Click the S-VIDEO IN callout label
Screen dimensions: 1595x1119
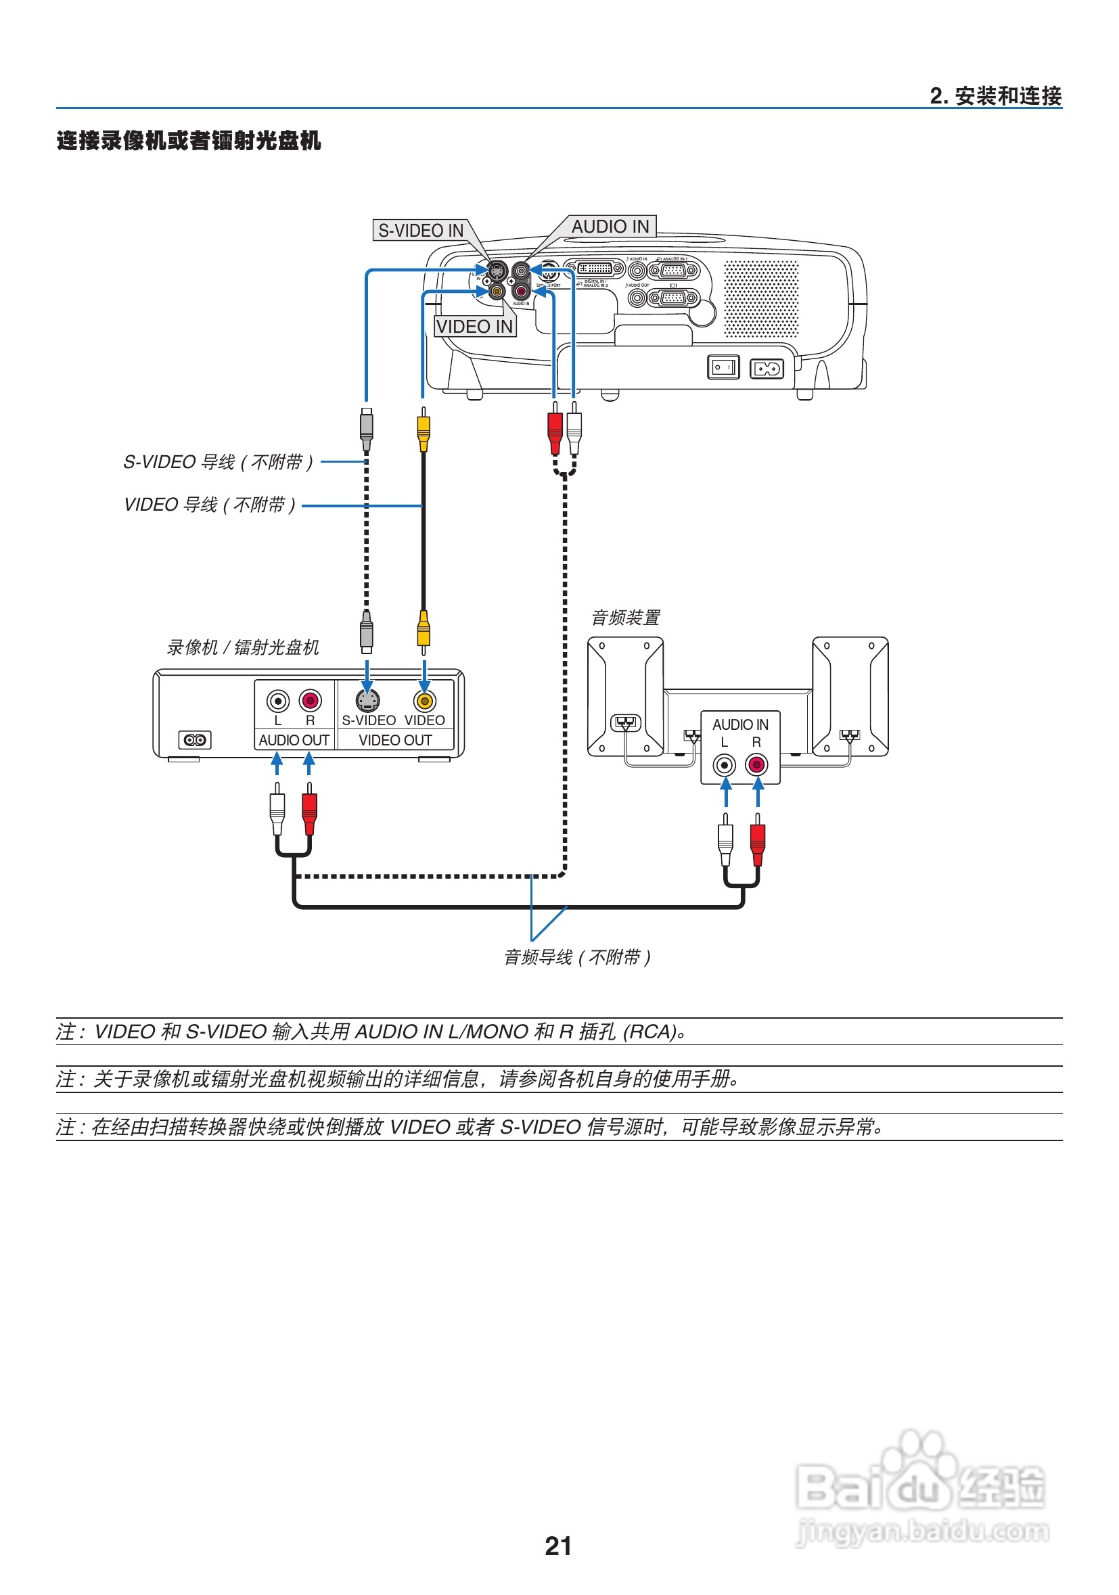click(420, 231)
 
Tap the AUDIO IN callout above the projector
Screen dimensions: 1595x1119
click(610, 227)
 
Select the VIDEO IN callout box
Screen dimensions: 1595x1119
click(474, 327)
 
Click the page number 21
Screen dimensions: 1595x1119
click(558, 1546)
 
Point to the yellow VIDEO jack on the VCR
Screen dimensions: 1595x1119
click(424, 701)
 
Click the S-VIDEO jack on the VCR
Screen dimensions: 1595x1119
click(367, 701)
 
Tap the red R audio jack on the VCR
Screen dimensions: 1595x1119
click(310, 700)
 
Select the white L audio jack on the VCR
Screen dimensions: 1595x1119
click(278, 700)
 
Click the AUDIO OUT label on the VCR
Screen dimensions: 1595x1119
click(294, 741)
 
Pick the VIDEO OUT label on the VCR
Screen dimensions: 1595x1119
click(395, 741)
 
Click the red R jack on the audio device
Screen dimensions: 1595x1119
click(756, 765)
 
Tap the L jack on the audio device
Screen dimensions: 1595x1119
click(725, 765)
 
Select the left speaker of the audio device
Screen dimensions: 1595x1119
click(624, 696)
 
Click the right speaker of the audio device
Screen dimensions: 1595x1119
click(850, 696)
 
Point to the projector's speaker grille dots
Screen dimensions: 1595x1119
click(761, 299)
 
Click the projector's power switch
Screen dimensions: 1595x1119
click(723, 367)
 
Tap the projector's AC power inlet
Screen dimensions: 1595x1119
click(767, 368)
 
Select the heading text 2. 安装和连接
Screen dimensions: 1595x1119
click(995, 96)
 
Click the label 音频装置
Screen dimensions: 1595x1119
click(625, 618)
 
